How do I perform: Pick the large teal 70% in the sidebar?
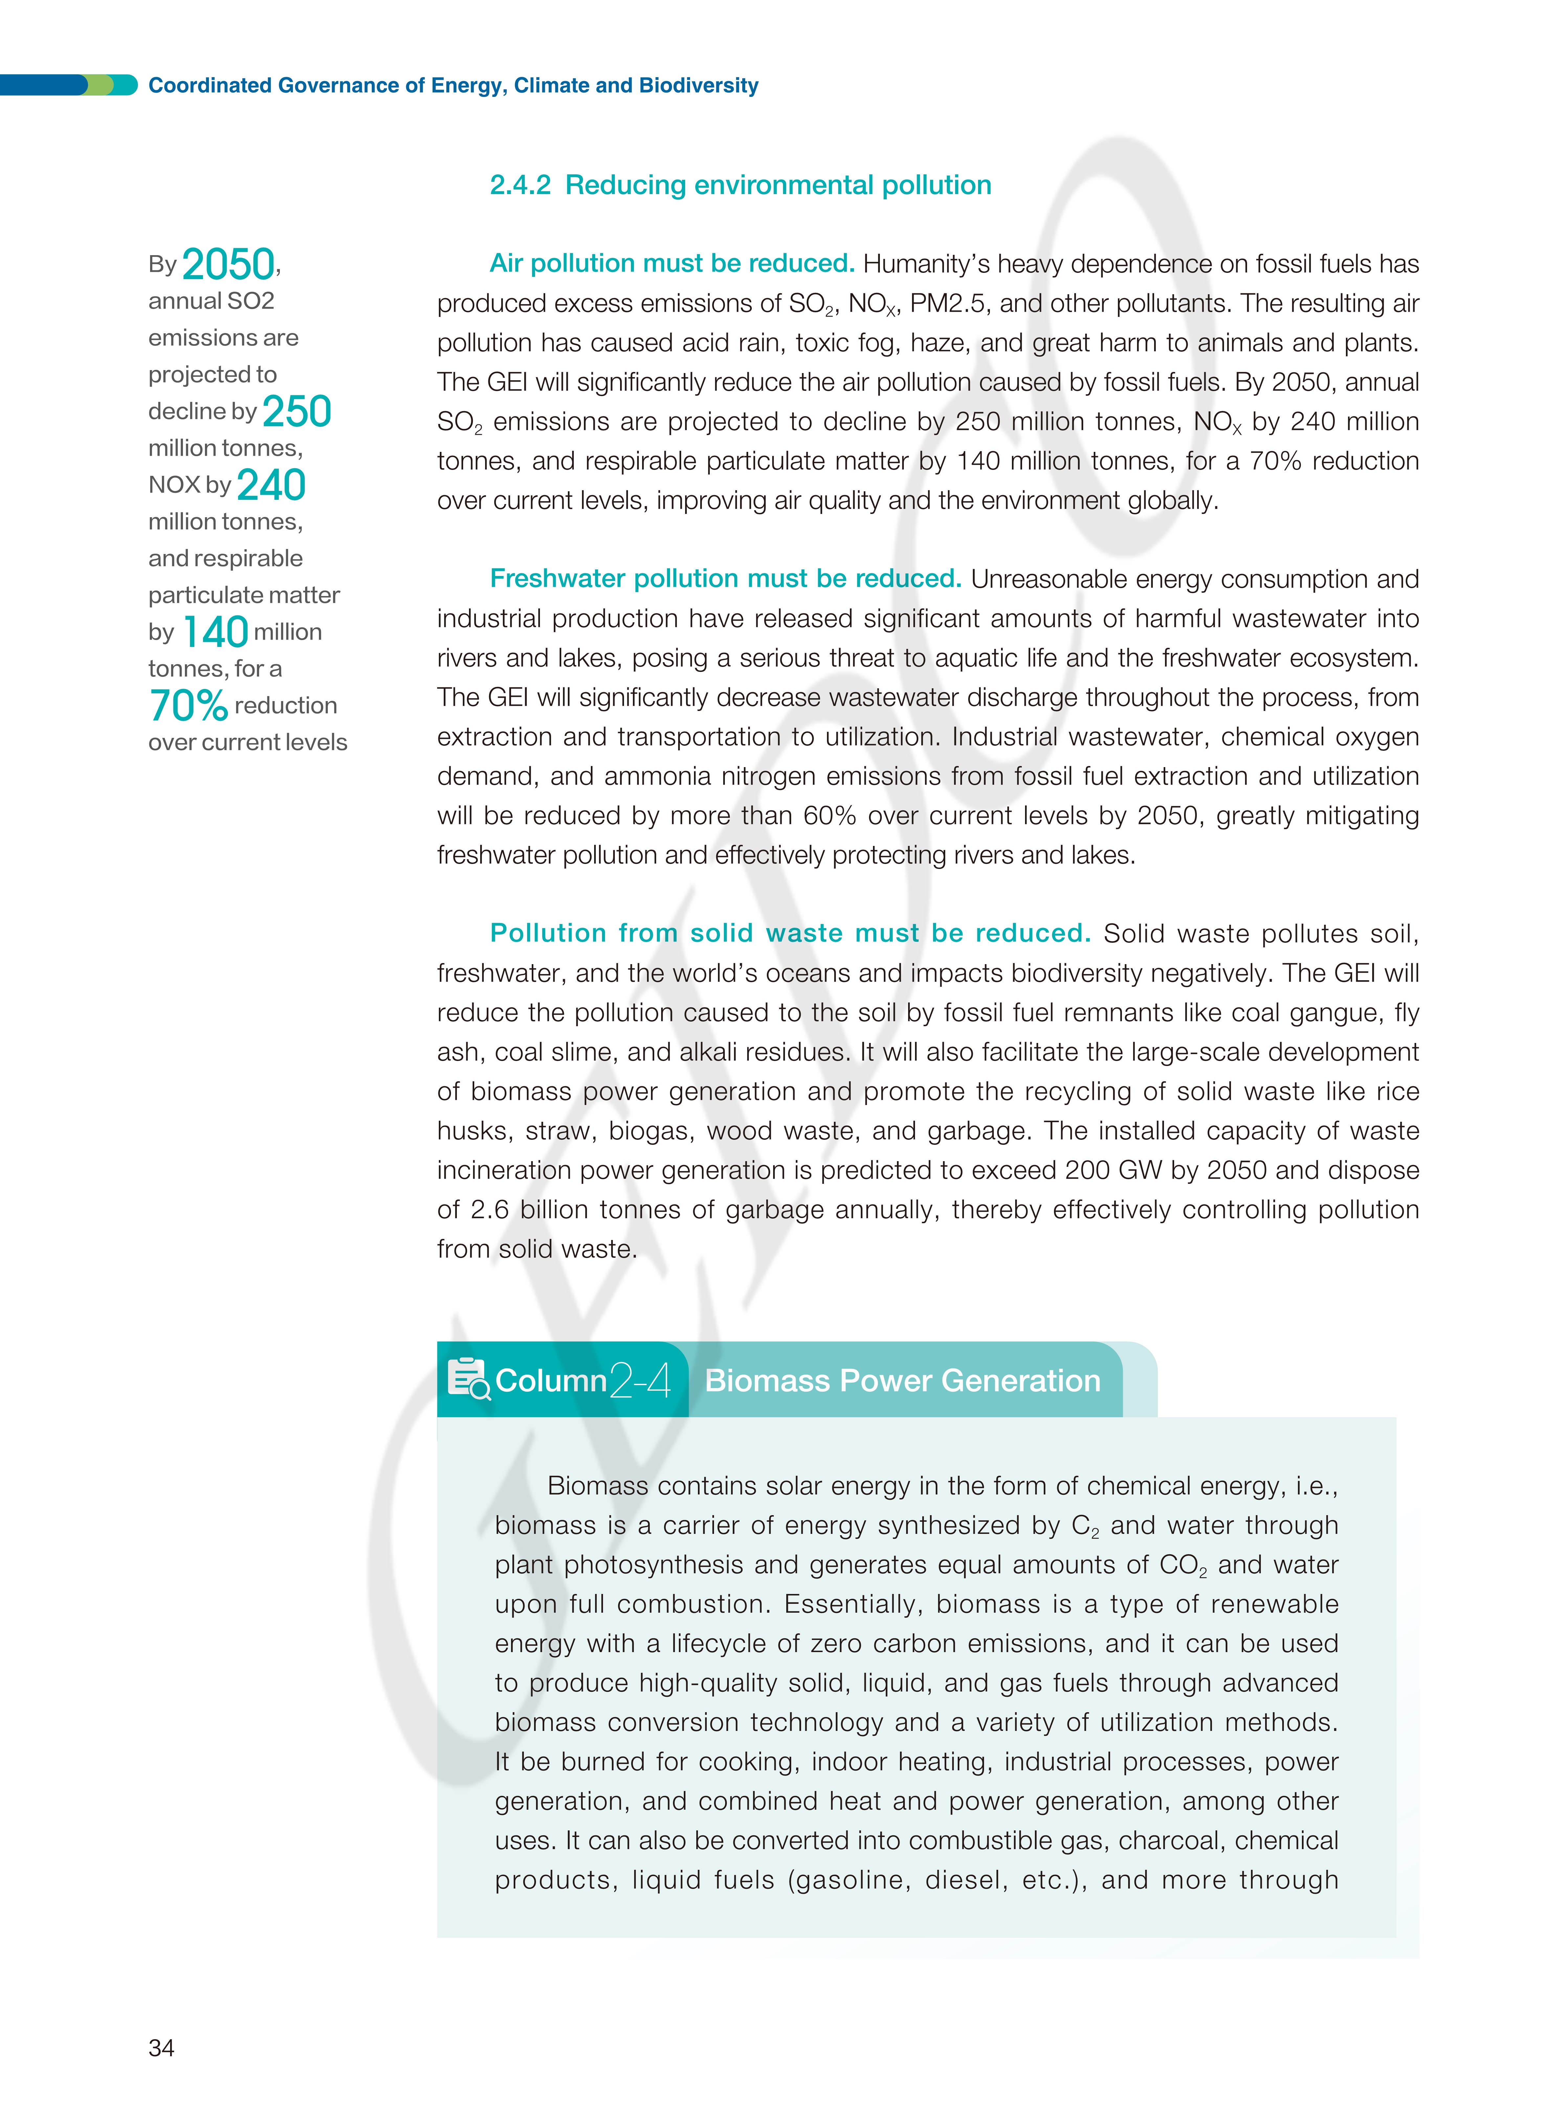point(189,705)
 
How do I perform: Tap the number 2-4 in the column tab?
point(641,1380)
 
